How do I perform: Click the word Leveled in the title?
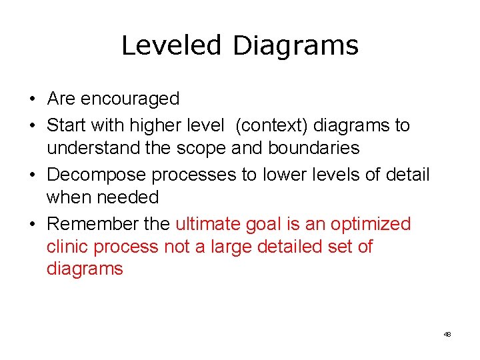click(x=171, y=45)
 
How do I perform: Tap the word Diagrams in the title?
click(x=295, y=45)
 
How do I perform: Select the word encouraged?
click(x=130, y=99)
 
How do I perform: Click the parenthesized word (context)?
click(x=271, y=125)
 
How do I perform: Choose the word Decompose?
click(x=97, y=175)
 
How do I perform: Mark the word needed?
click(x=127, y=197)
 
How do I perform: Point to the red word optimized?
click(x=371, y=224)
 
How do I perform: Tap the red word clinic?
click(x=67, y=247)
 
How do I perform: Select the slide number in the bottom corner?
click(x=447, y=334)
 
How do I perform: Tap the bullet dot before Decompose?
click(x=32, y=175)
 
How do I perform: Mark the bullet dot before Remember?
click(x=32, y=225)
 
